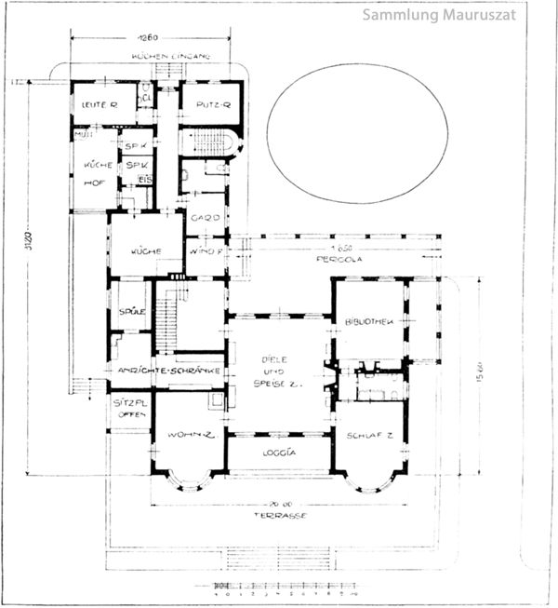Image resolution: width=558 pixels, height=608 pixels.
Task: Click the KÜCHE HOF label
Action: pos(96,174)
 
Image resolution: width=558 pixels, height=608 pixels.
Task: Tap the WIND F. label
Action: pos(206,251)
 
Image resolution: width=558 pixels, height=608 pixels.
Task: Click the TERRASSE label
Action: pos(281,515)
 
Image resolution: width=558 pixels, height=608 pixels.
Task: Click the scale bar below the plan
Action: pos(280,588)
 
